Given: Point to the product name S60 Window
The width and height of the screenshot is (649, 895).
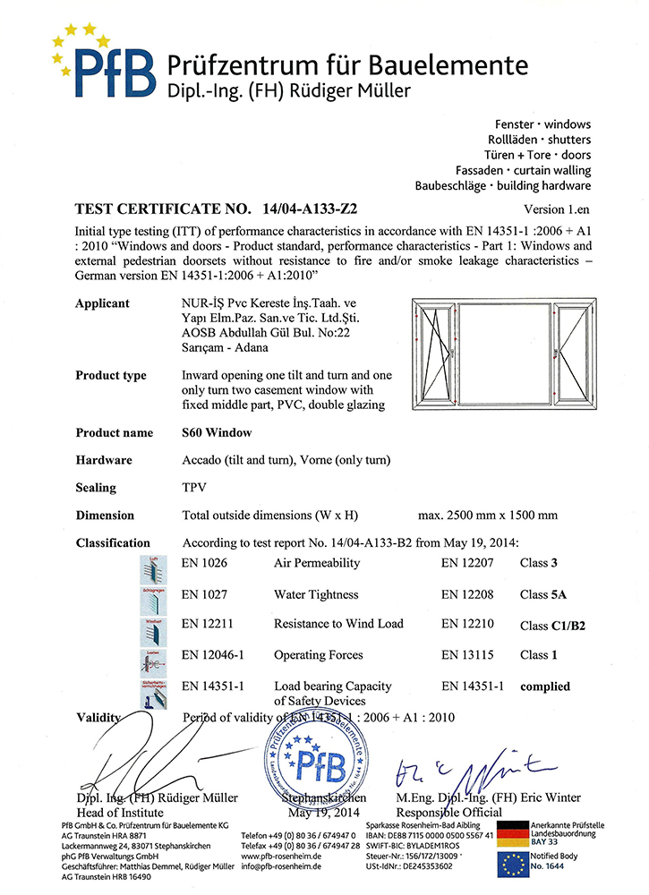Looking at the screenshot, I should pyautogui.click(x=216, y=432).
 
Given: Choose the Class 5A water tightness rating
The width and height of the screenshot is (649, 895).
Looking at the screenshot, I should pyautogui.click(x=545, y=594).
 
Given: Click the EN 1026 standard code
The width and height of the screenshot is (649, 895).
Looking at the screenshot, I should pyautogui.click(x=205, y=563).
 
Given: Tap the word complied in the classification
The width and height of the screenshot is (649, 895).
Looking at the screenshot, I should pyautogui.click(x=545, y=686).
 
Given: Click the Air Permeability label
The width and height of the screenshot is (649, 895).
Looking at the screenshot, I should pyautogui.click(x=317, y=563).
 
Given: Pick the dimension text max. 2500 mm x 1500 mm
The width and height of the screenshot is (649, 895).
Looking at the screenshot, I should pyautogui.click(x=488, y=516).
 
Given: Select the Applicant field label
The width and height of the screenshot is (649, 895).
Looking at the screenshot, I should pyautogui.click(x=102, y=303).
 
